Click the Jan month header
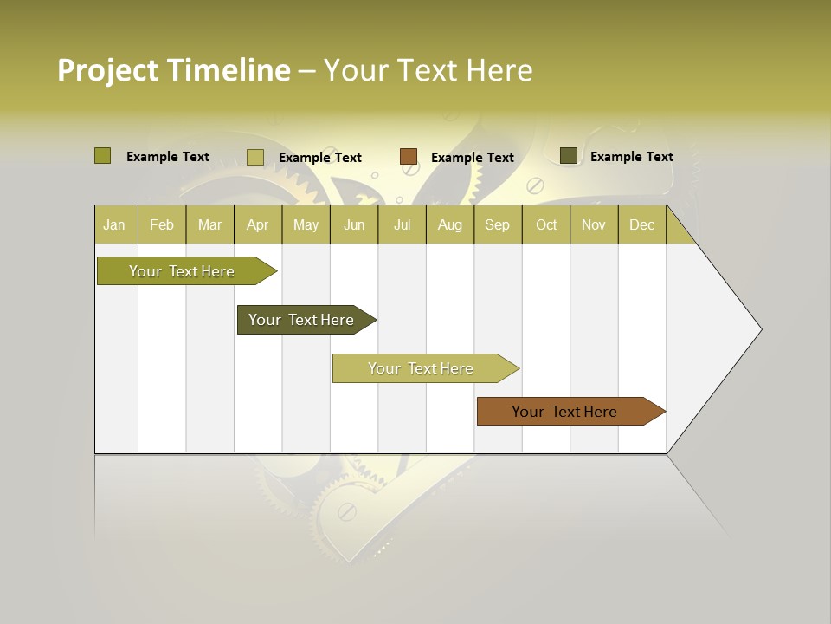click(x=114, y=224)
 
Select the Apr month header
click(x=257, y=224)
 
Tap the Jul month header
click(x=402, y=224)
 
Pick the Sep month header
click(x=497, y=224)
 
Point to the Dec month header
click(x=641, y=224)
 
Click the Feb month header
click(x=162, y=224)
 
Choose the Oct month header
click(x=546, y=224)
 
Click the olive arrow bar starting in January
click(x=182, y=271)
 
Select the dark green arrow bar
click(x=301, y=320)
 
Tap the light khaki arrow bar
click(x=421, y=368)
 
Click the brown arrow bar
click(x=564, y=412)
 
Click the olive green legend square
click(x=102, y=156)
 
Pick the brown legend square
click(x=409, y=157)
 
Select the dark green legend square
click(x=568, y=156)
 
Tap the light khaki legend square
click(x=254, y=157)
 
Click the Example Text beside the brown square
click(x=473, y=158)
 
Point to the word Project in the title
click(x=107, y=70)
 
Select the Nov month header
click(x=593, y=224)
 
